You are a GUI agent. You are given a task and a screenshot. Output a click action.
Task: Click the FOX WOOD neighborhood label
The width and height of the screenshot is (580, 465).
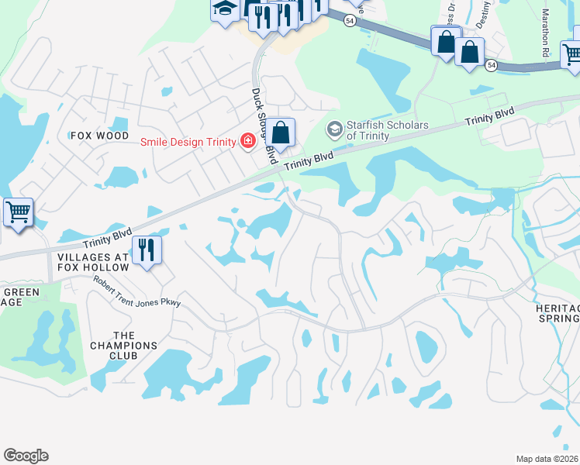(99, 135)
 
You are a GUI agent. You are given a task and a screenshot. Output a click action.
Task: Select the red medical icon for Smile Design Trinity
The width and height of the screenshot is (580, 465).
(247, 140)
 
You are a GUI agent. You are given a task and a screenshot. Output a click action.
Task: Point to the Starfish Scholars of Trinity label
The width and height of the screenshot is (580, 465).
(388, 130)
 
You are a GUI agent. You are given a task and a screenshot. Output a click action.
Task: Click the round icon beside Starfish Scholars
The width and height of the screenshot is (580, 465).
(335, 128)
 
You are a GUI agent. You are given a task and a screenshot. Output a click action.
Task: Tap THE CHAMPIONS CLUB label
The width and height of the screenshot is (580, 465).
(124, 346)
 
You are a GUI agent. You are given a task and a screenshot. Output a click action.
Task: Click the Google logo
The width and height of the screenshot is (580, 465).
(26, 456)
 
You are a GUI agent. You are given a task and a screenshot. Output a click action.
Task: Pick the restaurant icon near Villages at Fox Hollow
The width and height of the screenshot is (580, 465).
(146, 250)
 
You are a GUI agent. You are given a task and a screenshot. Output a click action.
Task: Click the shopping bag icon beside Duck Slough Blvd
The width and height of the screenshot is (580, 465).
(282, 133)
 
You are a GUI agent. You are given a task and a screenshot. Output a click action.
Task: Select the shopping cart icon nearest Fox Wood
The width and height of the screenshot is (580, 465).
(18, 212)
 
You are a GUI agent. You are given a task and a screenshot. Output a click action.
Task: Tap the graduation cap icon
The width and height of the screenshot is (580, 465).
(225, 9)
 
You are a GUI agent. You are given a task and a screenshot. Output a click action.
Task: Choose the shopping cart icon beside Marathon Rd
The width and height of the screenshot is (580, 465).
(572, 53)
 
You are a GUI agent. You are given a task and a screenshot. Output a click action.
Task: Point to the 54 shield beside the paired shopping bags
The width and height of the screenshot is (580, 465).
(492, 66)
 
